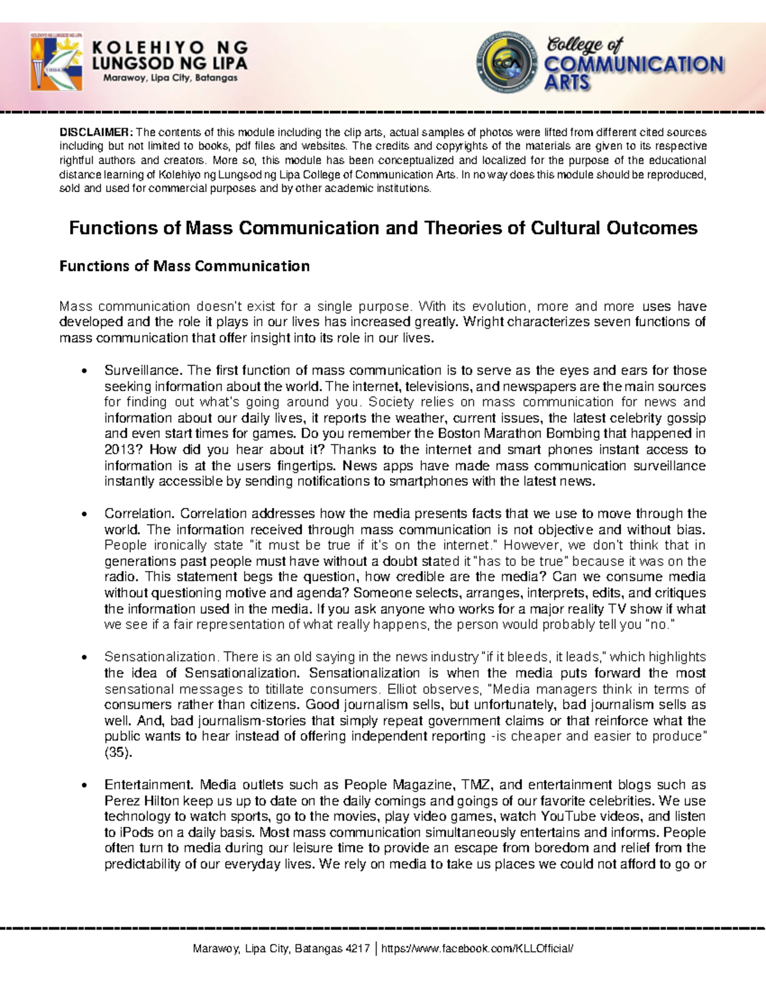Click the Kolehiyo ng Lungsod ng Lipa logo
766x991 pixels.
pyautogui.click(x=56, y=63)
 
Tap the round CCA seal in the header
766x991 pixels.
pyautogui.click(x=507, y=63)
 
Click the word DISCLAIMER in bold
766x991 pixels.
pyautogui.click(x=96, y=133)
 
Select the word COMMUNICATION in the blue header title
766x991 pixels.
pyautogui.click(x=633, y=64)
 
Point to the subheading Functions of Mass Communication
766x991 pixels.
pyautogui.click(x=184, y=266)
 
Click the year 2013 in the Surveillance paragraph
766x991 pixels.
pyautogui.click(x=119, y=450)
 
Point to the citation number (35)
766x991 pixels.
pyautogui.click(x=118, y=752)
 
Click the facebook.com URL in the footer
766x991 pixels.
pyautogui.click(x=477, y=949)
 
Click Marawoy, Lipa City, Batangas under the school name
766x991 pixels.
pyautogui.click(x=170, y=78)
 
